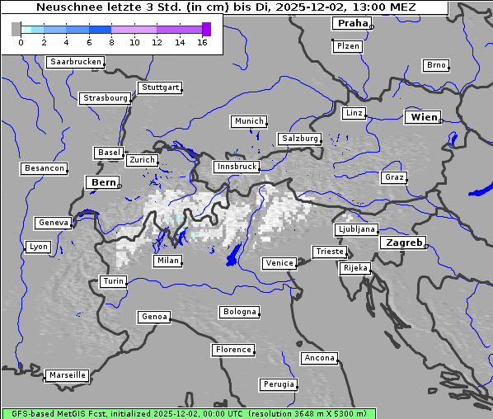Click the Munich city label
point(249,121)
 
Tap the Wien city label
point(424,117)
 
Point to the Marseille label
point(67,374)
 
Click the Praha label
point(352,23)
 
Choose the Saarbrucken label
point(76,62)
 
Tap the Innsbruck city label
point(237,167)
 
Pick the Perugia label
point(279,384)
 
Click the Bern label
point(104,181)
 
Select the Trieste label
point(329,252)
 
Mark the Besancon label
point(45,168)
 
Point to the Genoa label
point(155,317)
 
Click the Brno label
point(436,65)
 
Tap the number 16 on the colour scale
point(202,42)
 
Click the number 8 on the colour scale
point(88,42)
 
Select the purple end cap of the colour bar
point(206,29)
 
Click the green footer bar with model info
point(188,413)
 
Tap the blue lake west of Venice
point(234,255)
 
